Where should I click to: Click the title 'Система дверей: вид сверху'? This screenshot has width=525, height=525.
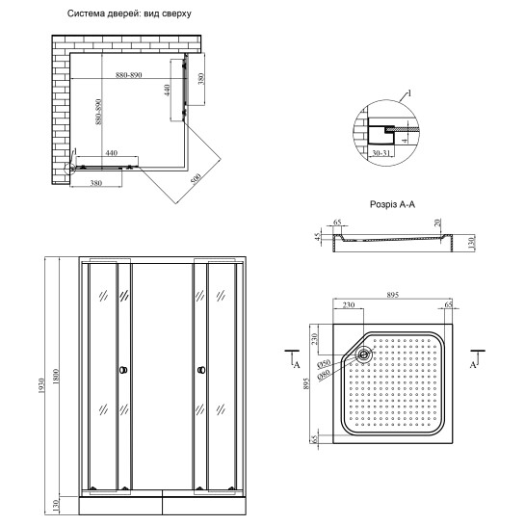tap(129, 13)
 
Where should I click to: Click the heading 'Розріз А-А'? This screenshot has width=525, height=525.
tap(392, 204)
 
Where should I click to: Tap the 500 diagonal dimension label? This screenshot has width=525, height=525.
tap(196, 178)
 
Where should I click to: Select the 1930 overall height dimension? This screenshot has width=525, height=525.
tap(41, 385)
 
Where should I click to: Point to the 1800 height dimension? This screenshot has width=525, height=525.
tap(56, 377)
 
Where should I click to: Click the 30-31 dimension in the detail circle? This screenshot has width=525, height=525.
tap(381, 153)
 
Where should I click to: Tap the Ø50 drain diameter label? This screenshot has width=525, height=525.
tap(324, 363)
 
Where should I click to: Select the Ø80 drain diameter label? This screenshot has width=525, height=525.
tap(324, 374)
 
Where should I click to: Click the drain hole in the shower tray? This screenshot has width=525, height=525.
tap(363, 354)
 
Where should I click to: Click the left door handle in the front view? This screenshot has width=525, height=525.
tap(123, 370)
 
